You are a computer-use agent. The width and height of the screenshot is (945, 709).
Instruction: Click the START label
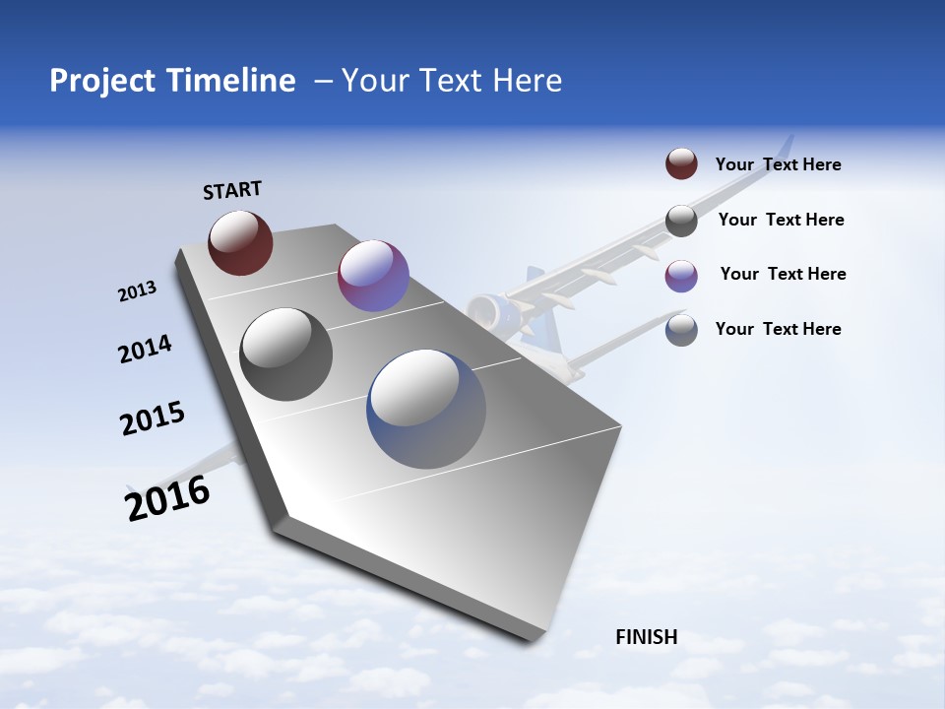pyautogui.click(x=232, y=190)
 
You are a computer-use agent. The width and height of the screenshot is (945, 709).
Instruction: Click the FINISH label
pyautogui.click(x=646, y=637)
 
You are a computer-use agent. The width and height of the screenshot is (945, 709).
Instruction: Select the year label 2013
pyautogui.click(x=137, y=291)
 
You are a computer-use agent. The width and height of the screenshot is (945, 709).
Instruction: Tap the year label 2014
pyautogui.click(x=145, y=350)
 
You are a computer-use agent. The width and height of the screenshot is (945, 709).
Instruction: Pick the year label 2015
pyautogui.click(x=153, y=419)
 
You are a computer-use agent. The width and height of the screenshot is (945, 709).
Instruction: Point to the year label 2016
pyautogui.click(x=167, y=499)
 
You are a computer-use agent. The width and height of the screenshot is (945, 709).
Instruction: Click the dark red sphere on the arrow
pyautogui.click(x=240, y=242)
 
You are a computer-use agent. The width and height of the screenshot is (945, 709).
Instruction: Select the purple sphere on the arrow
pyautogui.click(x=373, y=276)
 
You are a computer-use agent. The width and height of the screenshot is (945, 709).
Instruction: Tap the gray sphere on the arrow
pyautogui.click(x=286, y=354)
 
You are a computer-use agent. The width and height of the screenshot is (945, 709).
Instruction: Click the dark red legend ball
pyautogui.click(x=681, y=164)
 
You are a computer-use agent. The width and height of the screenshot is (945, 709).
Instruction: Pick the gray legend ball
pyautogui.click(x=681, y=221)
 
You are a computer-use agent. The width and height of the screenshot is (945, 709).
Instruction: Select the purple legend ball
pyautogui.click(x=681, y=275)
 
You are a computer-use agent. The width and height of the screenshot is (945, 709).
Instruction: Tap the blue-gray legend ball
pyautogui.click(x=681, y=330)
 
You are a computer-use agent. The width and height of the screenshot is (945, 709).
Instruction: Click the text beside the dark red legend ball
pyautogui.click(x=778, y=164)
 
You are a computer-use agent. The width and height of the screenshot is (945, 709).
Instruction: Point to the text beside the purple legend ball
pyautogui.click(x=783, y=274)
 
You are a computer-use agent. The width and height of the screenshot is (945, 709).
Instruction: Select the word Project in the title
pyautogui.click(x=99, y=81)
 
